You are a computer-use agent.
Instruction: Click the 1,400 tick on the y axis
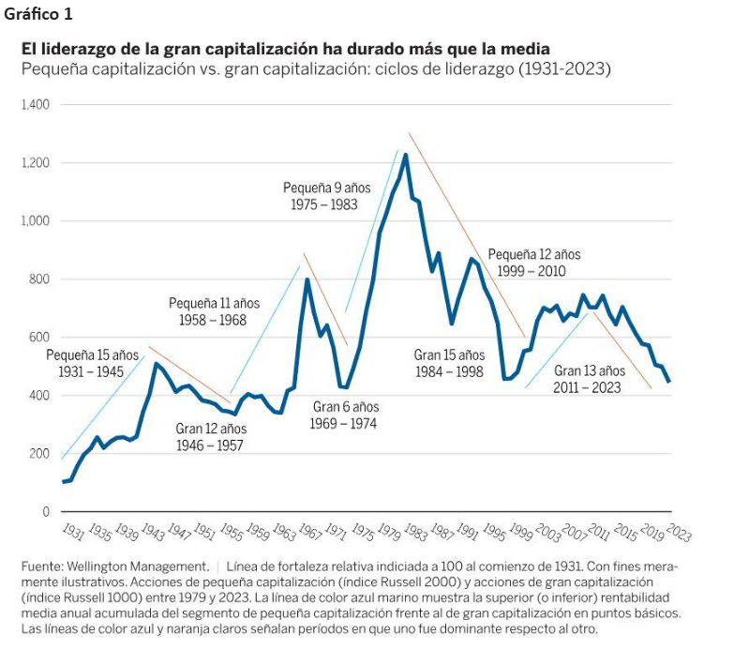[x=35, y=105]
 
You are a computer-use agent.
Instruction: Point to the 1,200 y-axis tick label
[x=35, y=163]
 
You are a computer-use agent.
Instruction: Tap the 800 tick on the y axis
[x=38, y=279]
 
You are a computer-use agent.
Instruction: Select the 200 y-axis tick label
[x=38, y=454]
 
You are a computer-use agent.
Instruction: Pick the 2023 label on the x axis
[x=680, y=533]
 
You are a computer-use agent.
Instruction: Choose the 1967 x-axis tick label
[x=309, y=533]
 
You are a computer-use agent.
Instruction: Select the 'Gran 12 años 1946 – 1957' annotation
[x=209, y=437]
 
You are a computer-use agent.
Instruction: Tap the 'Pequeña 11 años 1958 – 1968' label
[x=214, y=311]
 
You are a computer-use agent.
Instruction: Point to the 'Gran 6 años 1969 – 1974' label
[x=345, y=415]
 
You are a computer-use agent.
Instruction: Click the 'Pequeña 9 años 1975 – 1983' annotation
[x=321, y=196]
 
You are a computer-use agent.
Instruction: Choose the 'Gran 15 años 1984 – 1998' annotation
[x=449, y=363]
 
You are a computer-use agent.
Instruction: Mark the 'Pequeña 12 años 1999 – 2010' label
[x=533, y=262]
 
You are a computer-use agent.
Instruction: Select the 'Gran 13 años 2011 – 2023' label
[x=589, y=378]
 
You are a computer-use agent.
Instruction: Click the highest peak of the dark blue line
[x=405, y=155]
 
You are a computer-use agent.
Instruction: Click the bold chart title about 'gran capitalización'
[x=285, y=49]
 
